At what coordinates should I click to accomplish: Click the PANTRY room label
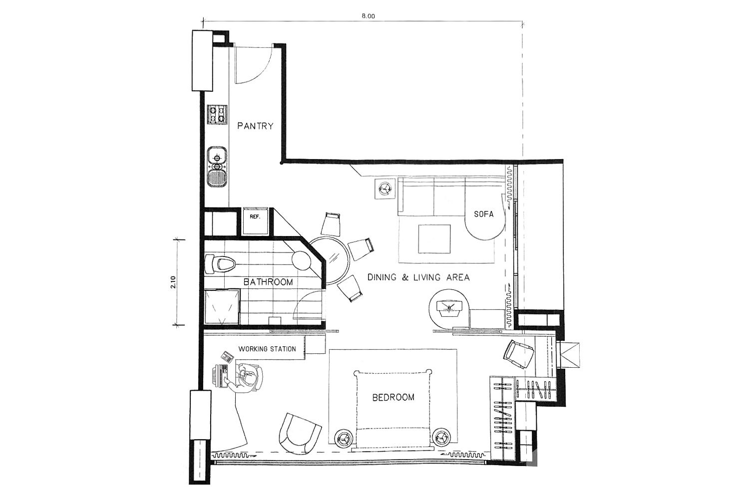coord(255,126)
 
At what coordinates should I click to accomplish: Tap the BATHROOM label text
coord(268,282)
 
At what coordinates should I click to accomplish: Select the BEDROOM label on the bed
coord(393,397)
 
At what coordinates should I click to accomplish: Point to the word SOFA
coord(484,214)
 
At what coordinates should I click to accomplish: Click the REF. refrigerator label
coord(255,217)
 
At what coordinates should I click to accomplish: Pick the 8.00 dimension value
coord(368,16)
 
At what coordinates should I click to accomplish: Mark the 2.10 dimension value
coord(173,282)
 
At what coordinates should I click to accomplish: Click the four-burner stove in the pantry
coord(217,115)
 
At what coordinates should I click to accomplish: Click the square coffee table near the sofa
coord(434,239)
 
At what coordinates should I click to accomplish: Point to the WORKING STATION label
coord(267,349)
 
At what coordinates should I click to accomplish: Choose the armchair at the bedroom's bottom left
coord(299,434)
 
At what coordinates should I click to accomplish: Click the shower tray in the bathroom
coord(222,307)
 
